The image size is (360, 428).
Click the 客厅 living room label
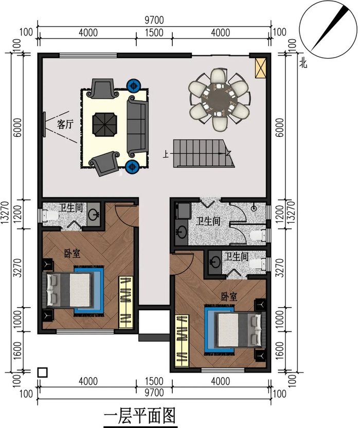(65, 124)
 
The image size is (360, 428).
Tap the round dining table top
(219, 100)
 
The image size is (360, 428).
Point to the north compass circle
(328, 29)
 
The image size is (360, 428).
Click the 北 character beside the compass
(303, 64)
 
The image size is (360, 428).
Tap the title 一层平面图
(139, 416)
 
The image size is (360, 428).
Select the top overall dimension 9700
(154, 20)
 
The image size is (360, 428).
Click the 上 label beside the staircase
(166, 154)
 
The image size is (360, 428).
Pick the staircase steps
(203, 153)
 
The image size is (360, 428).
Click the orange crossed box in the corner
(260, 68)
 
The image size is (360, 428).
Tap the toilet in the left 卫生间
(51, 215)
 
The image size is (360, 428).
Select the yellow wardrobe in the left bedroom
(126, 302)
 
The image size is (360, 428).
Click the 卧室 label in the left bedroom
(72, 254)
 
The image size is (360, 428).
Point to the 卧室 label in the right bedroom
(229, 296)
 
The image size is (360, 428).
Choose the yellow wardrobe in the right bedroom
(182, 341)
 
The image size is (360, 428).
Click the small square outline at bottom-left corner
(42, 372)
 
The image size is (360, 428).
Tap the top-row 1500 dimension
(154, 32)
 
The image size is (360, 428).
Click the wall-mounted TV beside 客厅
(44, 124)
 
